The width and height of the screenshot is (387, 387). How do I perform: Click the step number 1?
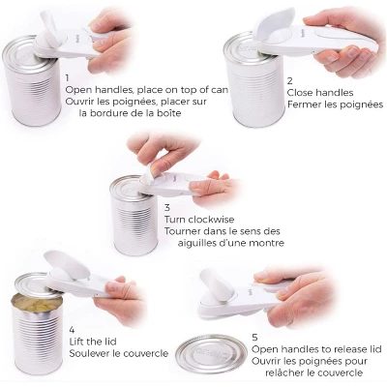68,75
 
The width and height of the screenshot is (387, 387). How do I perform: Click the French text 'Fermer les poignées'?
335,104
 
